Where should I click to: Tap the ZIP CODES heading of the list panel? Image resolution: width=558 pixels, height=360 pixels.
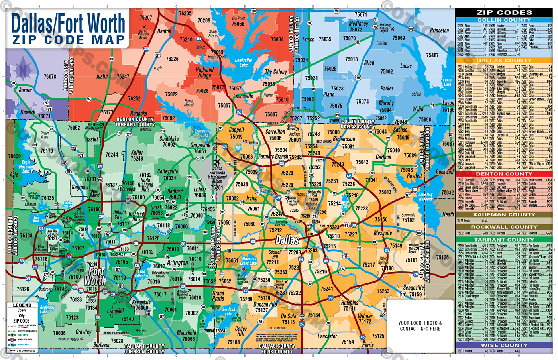click(504, 12)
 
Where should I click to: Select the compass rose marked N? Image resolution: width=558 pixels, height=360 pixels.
click(23, 71)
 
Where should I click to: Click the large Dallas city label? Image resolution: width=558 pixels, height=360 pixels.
click(287, 240)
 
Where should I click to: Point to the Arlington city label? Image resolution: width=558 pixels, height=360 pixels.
click(177, 263)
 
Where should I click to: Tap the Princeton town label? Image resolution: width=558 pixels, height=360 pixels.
click(439, 30)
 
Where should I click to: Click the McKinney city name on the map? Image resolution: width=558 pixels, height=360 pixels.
click(358, 24)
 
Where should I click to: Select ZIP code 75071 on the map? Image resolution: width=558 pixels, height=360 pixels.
click(361, 15)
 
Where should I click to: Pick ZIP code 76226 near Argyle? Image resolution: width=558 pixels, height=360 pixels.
click(172, 59)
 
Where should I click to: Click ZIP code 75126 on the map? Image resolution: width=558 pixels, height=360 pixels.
click(442, 258)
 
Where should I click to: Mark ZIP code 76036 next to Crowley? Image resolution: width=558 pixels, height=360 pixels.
click(59, 333)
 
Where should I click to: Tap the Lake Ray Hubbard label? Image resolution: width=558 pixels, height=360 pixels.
click(425, 197)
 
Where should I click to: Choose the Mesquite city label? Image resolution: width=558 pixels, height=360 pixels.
click(383, 233)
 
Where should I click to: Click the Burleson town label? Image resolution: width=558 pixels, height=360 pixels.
click(102, 345)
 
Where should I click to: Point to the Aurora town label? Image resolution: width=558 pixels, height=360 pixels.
click(25, 90)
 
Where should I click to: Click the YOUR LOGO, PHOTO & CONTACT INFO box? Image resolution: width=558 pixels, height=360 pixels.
click(420, 326)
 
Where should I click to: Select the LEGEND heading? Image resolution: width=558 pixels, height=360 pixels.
click(22, 305)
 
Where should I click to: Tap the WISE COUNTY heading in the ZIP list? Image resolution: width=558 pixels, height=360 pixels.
click(504, 345)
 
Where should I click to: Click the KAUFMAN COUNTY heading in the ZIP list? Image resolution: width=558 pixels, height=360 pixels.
click(504, 214)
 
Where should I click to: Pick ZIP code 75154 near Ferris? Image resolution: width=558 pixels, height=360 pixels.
click(348, 342)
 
